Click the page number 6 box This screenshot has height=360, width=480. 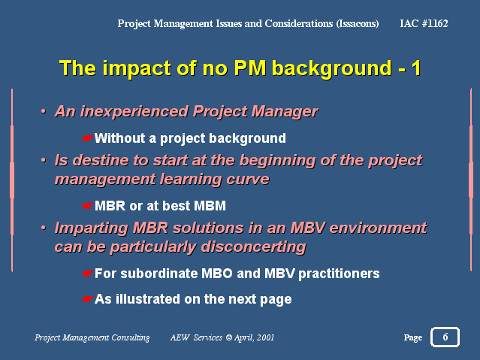[445, 337]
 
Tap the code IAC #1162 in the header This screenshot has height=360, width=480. [424, 23]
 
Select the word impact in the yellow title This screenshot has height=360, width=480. [137, 68]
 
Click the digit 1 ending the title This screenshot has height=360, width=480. [416, 68]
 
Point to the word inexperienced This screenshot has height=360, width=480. [134, 111]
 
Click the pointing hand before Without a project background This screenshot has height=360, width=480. [87, 138]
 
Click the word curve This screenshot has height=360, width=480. [248, 179]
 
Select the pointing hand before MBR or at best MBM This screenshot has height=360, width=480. [87, 206]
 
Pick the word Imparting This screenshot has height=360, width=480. [91, 228]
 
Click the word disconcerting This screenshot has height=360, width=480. [253, 247]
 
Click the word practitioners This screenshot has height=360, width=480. [339, 274]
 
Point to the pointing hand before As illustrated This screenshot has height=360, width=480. [87, 299]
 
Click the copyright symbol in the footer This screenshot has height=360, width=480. [228, 337]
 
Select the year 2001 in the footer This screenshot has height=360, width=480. [265, 337]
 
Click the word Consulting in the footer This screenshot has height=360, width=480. [131, 338]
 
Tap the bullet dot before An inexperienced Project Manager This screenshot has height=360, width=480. [44, 111]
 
